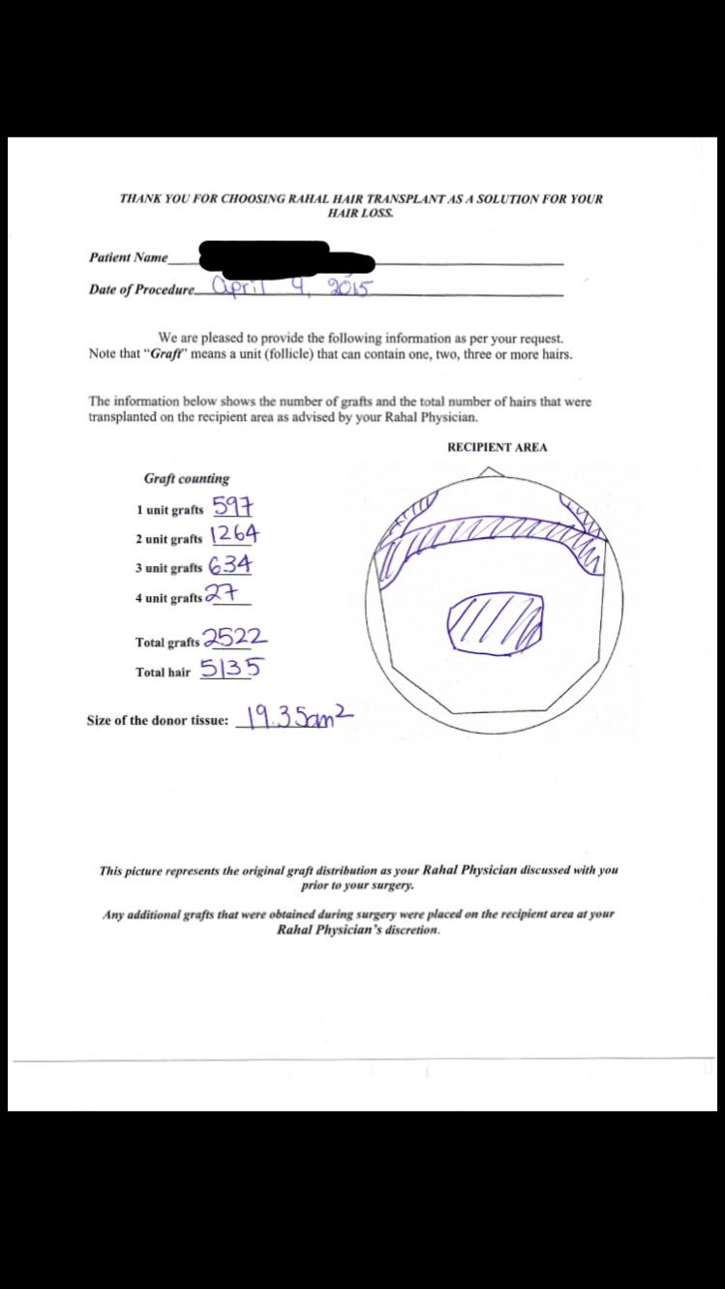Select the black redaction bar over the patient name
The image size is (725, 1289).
287,257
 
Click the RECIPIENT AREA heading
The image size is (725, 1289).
497,447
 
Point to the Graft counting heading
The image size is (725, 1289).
187,478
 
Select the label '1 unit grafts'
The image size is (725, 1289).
170,510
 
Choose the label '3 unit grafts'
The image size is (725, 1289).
169,568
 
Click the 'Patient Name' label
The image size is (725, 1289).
128,257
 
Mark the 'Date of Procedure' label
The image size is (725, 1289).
141,289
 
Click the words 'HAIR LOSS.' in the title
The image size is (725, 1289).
361,212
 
